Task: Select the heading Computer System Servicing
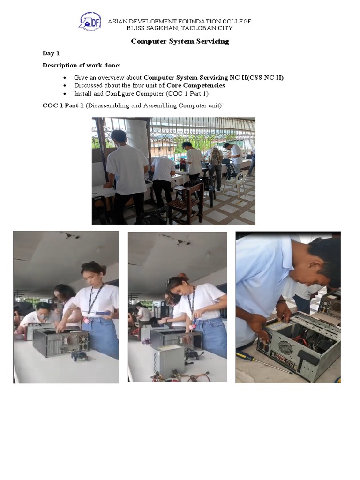[x=180, y=41]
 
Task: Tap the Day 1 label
[x=51, y=53]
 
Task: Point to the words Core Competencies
[x=196, y=85]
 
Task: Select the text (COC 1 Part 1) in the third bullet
[x=187, y=94]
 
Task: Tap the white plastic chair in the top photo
[x=235, y=183]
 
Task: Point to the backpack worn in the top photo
[x=216, y=157]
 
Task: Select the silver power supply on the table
[x=169, y=361]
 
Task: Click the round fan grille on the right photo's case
[x=285, y=347]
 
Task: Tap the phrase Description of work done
[x=81, y=66]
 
